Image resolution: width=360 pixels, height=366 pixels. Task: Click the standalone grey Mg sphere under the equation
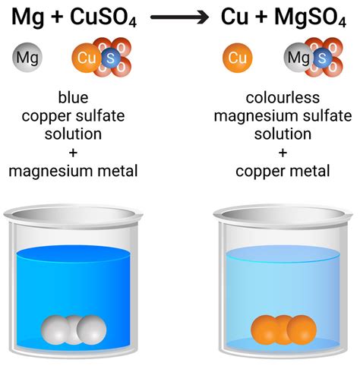pyautogui.click(x=27, y=57)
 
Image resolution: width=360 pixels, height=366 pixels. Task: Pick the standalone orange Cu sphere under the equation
pyautogui.click(x=238, y=57)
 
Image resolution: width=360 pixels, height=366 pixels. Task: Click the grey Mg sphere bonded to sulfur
pyautogui.click(x=298, y=57)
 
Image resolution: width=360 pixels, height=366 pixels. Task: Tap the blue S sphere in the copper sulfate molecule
pyautogui.click(x=109, y=58)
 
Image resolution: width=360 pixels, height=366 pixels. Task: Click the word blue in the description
pyautogui.click(x=72, y=98)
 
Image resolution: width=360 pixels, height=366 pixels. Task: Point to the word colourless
pyautogui.click(x=283, y=98)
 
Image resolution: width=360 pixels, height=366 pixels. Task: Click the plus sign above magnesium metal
pyautogui.click(x=72, y=153)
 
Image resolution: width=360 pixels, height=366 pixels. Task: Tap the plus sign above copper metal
pyautogui.click(x=283, y=153)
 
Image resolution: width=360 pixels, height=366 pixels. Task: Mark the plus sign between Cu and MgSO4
pyautogui.click(x=261, y=15)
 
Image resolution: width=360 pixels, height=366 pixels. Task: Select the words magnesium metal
pyautogui.click(x=72, y=171)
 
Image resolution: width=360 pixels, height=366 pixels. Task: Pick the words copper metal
pyautogui.click(x=283, y=171)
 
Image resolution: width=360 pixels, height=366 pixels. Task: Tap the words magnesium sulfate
pyautogui.click(x=283, y=116)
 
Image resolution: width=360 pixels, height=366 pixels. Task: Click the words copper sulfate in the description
pyautogui.click(x=72, y=116)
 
